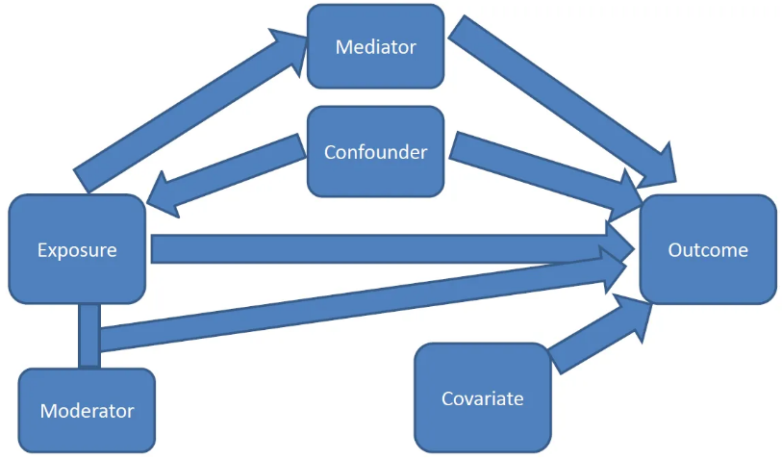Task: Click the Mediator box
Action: (x=375, y=46)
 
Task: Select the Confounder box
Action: (x=375, y=151)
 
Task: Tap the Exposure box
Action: (x=77, y=250)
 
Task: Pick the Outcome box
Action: (x=708, y=250)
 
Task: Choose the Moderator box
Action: (x=87, y=411)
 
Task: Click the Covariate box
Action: (x=483, y=397)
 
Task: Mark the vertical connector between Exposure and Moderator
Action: (x=89, y=335)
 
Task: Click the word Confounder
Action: (x=375, y=152)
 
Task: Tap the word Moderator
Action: (x=87, y=411)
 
